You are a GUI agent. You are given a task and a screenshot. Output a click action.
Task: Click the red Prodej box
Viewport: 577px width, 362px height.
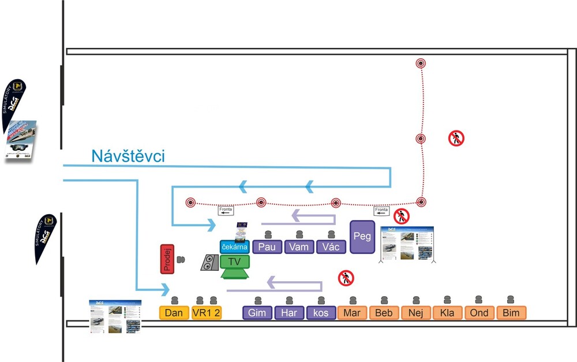[167, 259]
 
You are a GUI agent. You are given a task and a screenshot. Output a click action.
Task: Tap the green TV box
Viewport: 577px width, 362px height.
[235, 262]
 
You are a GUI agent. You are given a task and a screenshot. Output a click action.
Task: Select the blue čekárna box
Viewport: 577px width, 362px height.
[234, 247]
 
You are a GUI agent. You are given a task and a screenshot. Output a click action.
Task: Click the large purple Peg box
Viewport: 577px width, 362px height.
[362, 237]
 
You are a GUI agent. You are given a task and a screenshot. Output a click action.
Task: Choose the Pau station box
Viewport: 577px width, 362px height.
[267, 247]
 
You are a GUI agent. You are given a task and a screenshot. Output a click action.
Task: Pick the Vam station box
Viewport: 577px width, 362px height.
[299, 247]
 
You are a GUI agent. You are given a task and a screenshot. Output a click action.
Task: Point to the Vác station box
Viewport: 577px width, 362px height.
[331, 247]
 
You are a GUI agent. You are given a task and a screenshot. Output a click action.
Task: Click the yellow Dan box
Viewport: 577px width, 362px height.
[174, 313]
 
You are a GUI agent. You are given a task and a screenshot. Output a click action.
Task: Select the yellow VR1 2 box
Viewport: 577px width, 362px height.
[207, 313]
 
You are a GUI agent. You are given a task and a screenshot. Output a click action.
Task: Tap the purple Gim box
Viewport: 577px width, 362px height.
[257, 313]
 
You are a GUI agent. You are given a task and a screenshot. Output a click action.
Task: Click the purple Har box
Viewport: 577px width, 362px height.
[288, 313]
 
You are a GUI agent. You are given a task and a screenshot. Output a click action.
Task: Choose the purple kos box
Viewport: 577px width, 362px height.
[321, 313]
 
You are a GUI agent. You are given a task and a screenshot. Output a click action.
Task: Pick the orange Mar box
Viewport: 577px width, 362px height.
[352, 313]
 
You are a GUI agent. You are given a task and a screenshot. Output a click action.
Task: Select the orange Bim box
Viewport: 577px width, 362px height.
[511, 313]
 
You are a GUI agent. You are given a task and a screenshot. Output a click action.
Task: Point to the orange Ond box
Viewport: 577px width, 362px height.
[479, 313]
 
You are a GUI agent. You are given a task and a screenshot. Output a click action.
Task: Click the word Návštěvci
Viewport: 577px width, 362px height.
[128, 155]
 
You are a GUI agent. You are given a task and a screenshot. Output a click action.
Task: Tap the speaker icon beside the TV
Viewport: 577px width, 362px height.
[209, 263]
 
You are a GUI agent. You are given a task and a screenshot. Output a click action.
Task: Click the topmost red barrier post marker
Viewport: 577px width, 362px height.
[421, 62]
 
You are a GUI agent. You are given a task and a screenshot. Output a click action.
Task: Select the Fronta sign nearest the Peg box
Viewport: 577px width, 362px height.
[382, 210]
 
